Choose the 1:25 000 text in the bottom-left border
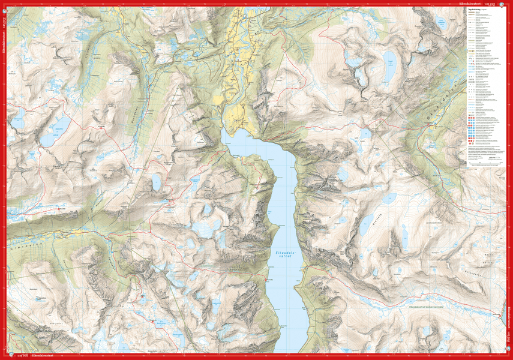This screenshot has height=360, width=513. pos(23,356)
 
